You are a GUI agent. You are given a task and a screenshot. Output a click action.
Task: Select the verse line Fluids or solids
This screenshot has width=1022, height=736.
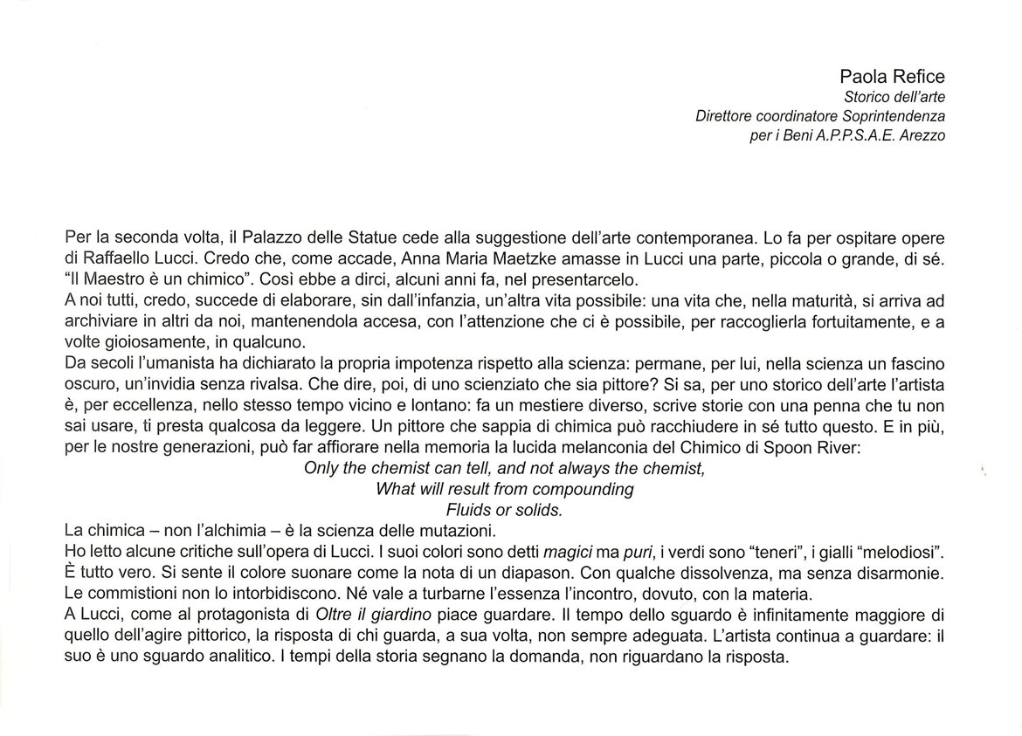coord(504,509)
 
